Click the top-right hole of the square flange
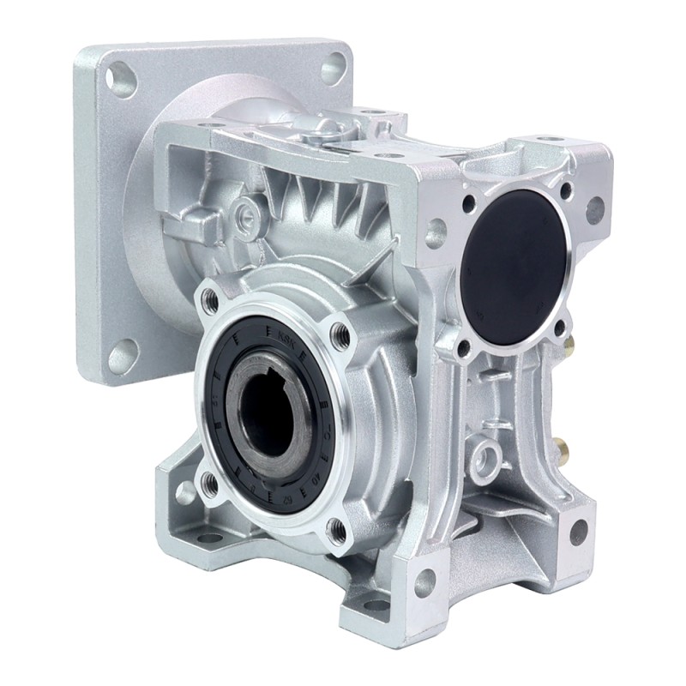tap(334, 66)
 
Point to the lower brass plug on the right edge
tap(567, 446)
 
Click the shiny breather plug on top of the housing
tap(322, 128)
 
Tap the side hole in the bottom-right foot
tap(580, 531)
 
